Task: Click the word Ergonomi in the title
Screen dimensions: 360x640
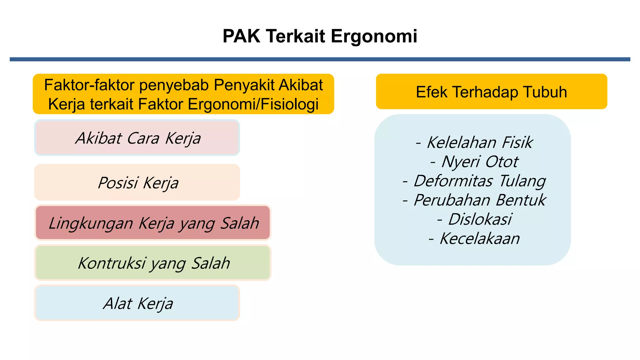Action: coord(374,36)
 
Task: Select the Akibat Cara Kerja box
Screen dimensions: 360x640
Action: coord(137,138)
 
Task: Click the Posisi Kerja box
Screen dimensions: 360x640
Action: coord(137,182)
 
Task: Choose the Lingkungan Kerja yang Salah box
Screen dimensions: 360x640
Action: coord(153,223)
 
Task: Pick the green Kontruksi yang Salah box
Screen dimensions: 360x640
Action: coord(153,263)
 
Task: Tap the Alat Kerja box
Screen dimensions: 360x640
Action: coord(137,303)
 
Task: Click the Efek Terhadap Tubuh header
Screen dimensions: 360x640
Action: coord(491,92)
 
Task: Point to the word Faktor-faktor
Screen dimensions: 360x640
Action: coord(89,85)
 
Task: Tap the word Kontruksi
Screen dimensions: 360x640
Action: coord(112,263)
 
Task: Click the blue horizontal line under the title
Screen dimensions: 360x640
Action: coord(320,59)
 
